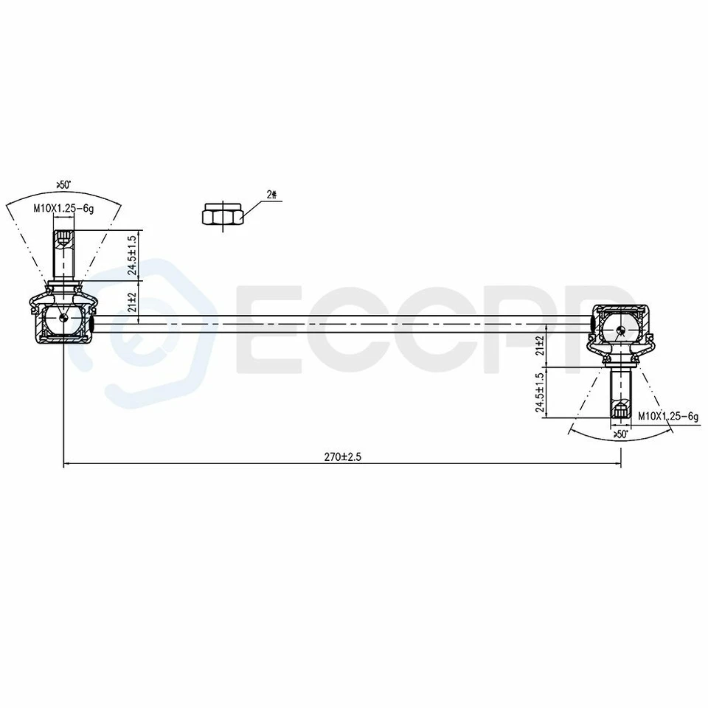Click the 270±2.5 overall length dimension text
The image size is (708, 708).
[342, 457]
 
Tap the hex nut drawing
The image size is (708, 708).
[223, 215]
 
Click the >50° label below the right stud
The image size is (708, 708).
[620, 435]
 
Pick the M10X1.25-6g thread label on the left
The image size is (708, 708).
[64, 209]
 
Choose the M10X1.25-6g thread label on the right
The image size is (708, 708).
[667, 417]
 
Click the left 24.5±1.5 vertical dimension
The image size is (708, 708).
[131, 255]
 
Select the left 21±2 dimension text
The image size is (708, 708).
[131, 302]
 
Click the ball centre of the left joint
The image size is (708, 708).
[64, 318]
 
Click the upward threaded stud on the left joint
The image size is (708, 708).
[64, 255]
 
